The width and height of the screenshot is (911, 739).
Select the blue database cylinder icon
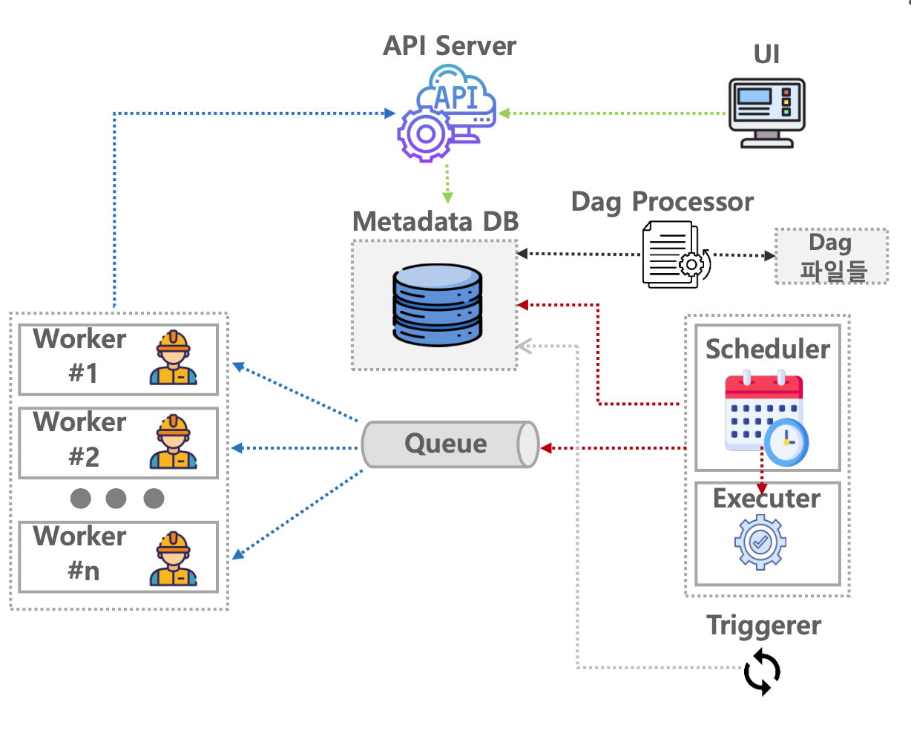pyautogui.click(x=438, y=305)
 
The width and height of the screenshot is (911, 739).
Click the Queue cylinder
pyautogui.click(x=450, y=444)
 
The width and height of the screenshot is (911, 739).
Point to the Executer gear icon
pyautogui.click(x=760, y=542)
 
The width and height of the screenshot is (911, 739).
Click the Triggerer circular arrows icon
pyautogui.click(x=762, y=671)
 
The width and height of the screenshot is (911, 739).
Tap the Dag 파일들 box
pyautogui.click(x=831, y=256)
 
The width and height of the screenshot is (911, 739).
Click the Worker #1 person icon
pyautogui.click(x=173, y=358)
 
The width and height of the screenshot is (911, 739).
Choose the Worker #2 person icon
pyautogui.click(x=173, y=441)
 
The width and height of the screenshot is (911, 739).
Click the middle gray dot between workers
pyautogui.click(x=116, y=498)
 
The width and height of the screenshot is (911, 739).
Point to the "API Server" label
pyautogui.click(x=450, y=46)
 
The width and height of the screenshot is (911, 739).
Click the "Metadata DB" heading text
pyautogui.click(x=435, y=221)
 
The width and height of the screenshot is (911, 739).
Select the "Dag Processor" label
pyautogui.click(x=662, y=202)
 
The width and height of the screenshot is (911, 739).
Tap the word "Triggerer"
pyautogui.click(x=763, y=625)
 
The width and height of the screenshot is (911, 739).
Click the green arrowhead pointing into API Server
pyautogui.click(x=504, y=114)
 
